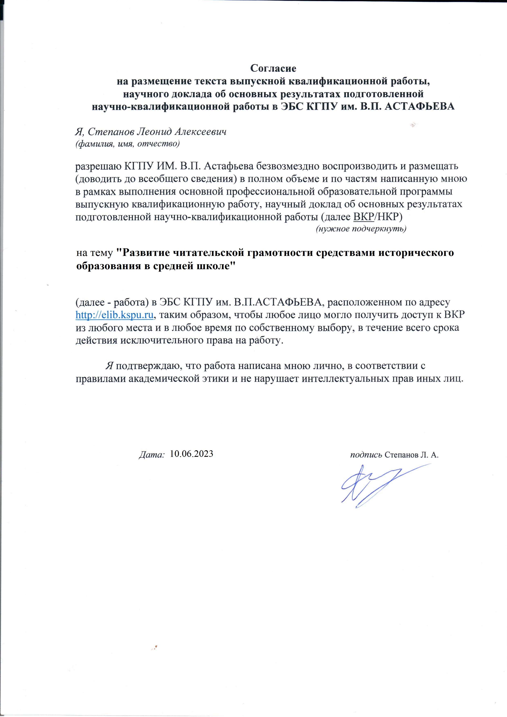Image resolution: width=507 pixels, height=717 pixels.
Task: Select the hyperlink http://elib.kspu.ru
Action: click(115, 315)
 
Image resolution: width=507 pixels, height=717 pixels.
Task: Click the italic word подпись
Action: click(366, 455)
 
